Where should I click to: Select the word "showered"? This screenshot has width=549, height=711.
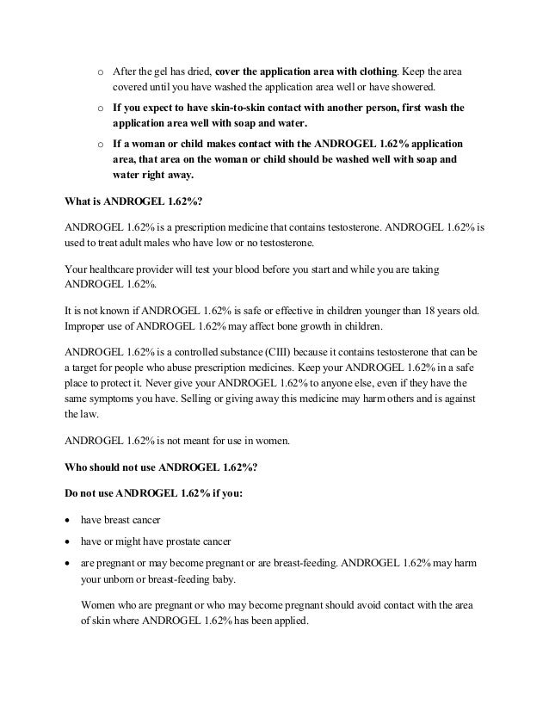416,87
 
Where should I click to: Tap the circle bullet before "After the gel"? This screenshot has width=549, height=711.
100,71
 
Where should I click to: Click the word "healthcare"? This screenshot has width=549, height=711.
116,269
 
